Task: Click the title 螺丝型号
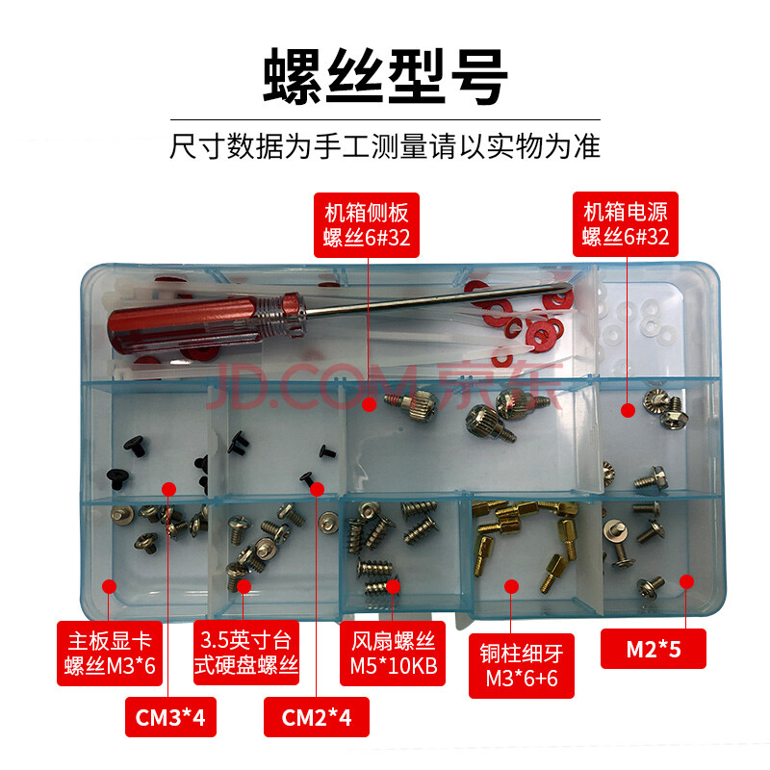point(385,76)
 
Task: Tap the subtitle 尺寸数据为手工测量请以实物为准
point(385,146)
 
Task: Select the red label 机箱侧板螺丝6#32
point(367,225)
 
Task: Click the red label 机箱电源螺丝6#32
point(625,224)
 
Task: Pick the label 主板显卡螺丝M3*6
point(110,654)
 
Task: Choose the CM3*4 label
point(170,717)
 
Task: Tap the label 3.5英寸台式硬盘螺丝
point(246,653)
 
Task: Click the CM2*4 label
point(317,717)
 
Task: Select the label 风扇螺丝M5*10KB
point(393,654)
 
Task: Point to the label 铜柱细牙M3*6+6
point(522,665)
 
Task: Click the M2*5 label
point(654,649)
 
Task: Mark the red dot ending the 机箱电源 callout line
point(629,411)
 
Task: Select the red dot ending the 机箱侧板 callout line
point(370,404)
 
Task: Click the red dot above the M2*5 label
point(686,581)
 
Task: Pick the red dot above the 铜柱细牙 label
point(511,586)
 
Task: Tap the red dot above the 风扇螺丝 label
point(393,586)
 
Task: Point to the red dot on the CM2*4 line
point(318,489)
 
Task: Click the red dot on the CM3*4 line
point(168,489)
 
